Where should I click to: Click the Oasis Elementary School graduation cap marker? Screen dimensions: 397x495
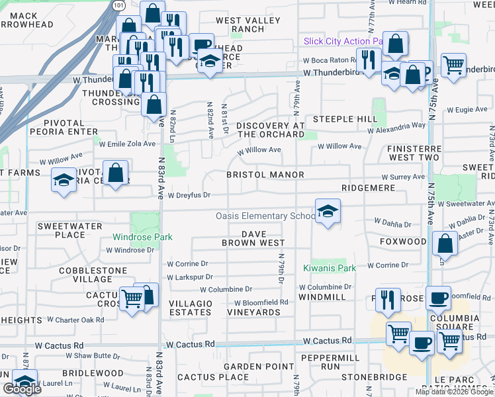(327, 212)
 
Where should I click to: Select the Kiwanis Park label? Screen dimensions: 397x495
(330, 268)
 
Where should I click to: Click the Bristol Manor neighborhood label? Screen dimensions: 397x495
(265, 175)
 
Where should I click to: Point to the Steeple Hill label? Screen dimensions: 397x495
(345, 119)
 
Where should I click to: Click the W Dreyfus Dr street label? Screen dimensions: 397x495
(189, 195)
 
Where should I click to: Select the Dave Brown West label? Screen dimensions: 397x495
(253, 238)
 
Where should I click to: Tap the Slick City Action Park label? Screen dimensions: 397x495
(343, 41)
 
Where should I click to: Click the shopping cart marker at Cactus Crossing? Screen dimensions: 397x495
(132, 298)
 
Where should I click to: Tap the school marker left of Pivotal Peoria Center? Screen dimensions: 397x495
(64, 181)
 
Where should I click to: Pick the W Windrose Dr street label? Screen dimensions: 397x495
(130, 250)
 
